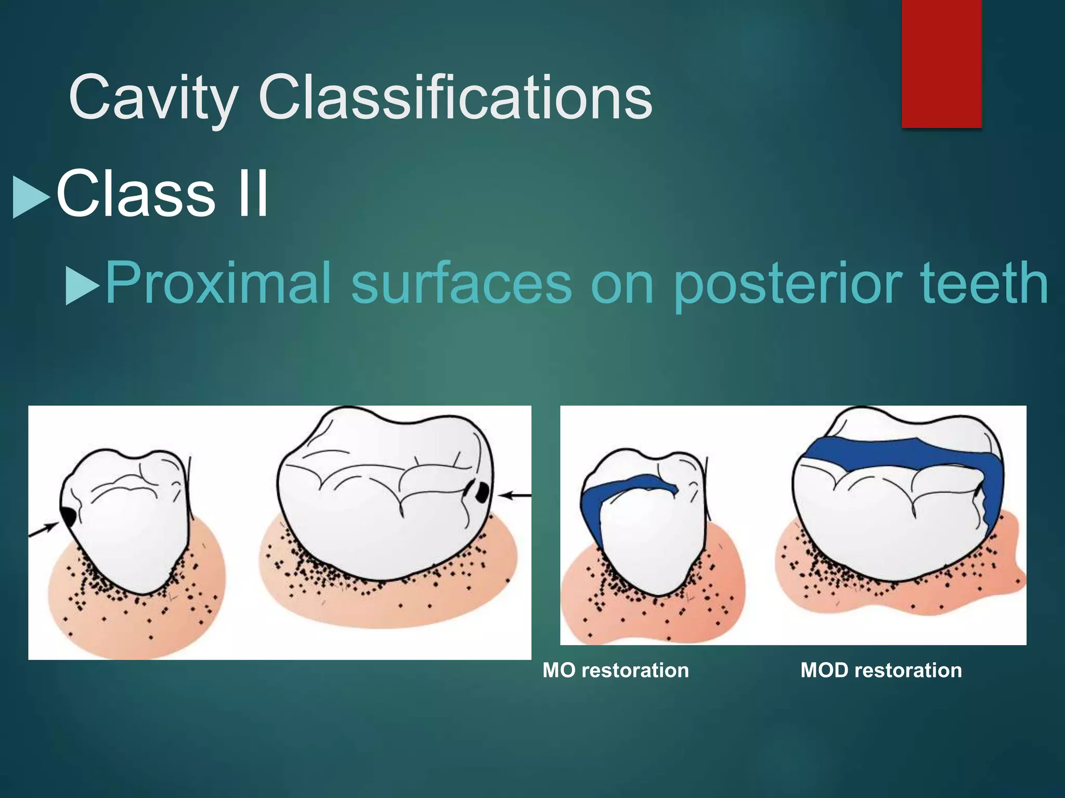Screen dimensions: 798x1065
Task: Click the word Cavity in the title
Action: [153, 98]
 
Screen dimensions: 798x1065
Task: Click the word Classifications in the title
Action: [455, 98]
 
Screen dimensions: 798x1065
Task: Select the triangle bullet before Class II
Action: [30, 197]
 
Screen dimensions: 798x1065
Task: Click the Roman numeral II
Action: [252, 194]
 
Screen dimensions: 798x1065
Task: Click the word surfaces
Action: [462, 283]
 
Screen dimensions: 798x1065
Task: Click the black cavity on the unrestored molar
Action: [482, 491]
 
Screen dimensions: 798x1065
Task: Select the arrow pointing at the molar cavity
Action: [515, 496]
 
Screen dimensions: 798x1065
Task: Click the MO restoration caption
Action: [615, 670]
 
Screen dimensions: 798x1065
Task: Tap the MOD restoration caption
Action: [881, 670]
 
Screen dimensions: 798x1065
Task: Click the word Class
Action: [135, 194]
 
